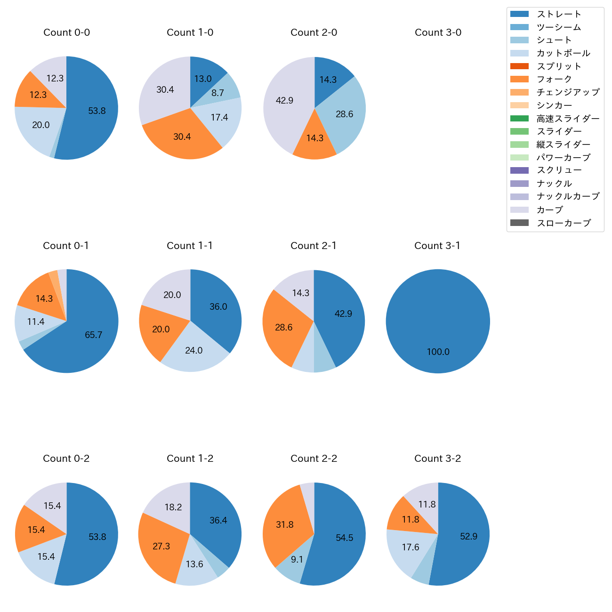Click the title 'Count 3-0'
[438, 32]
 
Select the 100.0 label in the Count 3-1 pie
[438, 352]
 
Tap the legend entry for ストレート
[559, 14]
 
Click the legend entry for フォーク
[554, 79]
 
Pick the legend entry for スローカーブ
[564, 223]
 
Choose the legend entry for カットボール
[563, 53]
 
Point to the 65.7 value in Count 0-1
[93, 335]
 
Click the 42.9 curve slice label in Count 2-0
[284, 100]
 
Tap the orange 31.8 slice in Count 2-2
[285, 524]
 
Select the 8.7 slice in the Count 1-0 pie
[217, 93]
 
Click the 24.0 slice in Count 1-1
[193, 350]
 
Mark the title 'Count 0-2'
[66, 459]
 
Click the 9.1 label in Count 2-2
[297, 560]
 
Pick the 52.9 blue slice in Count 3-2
[468, 536]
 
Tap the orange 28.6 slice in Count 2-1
[284, 327]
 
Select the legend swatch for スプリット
[519, 66]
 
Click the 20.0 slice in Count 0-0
[41, 125]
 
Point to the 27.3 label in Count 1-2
[161, 546]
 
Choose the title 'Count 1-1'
[190, 246]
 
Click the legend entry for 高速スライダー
[568, 119]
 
